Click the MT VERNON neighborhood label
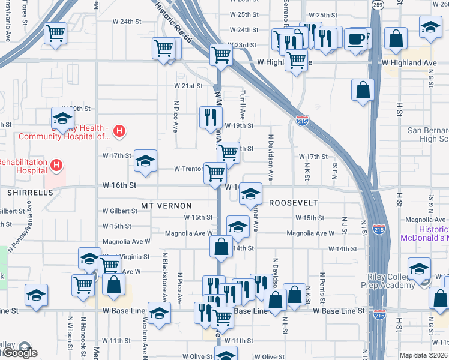[x=166, y=205]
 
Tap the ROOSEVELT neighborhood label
[x=293, y=203]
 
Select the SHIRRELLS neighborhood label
[x=30, y=193]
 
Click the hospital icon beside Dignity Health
[x=119, y=130]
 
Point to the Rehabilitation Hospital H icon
[x=56, y=164]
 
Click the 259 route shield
[x=377, y=5]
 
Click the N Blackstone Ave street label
[x=164, y=275]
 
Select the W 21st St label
[x=188, y=86]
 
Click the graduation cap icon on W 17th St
[x=145, y=160]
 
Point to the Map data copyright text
[x=424, y=355]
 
